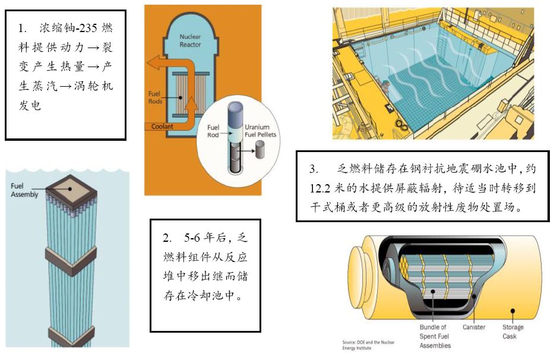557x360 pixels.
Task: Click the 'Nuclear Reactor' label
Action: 190,40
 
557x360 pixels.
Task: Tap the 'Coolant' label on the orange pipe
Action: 162,126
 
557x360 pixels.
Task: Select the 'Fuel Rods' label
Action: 155,97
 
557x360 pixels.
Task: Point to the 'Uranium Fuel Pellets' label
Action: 260,131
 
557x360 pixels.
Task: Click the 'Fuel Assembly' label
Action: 24,190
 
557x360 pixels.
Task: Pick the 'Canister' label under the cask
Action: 474,327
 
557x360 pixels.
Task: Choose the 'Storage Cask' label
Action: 512,331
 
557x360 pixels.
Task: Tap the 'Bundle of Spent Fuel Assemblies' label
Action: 435,336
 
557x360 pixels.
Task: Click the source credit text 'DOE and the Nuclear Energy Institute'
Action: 368,345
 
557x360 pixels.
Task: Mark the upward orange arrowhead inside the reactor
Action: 191,103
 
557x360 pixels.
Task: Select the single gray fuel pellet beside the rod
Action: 260,149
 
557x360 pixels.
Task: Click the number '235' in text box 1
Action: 88,28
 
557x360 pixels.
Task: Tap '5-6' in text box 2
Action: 192,238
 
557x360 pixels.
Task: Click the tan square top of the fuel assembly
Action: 71,189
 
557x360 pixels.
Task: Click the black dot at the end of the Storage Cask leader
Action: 512,311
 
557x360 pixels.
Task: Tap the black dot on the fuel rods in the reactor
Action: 181,97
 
